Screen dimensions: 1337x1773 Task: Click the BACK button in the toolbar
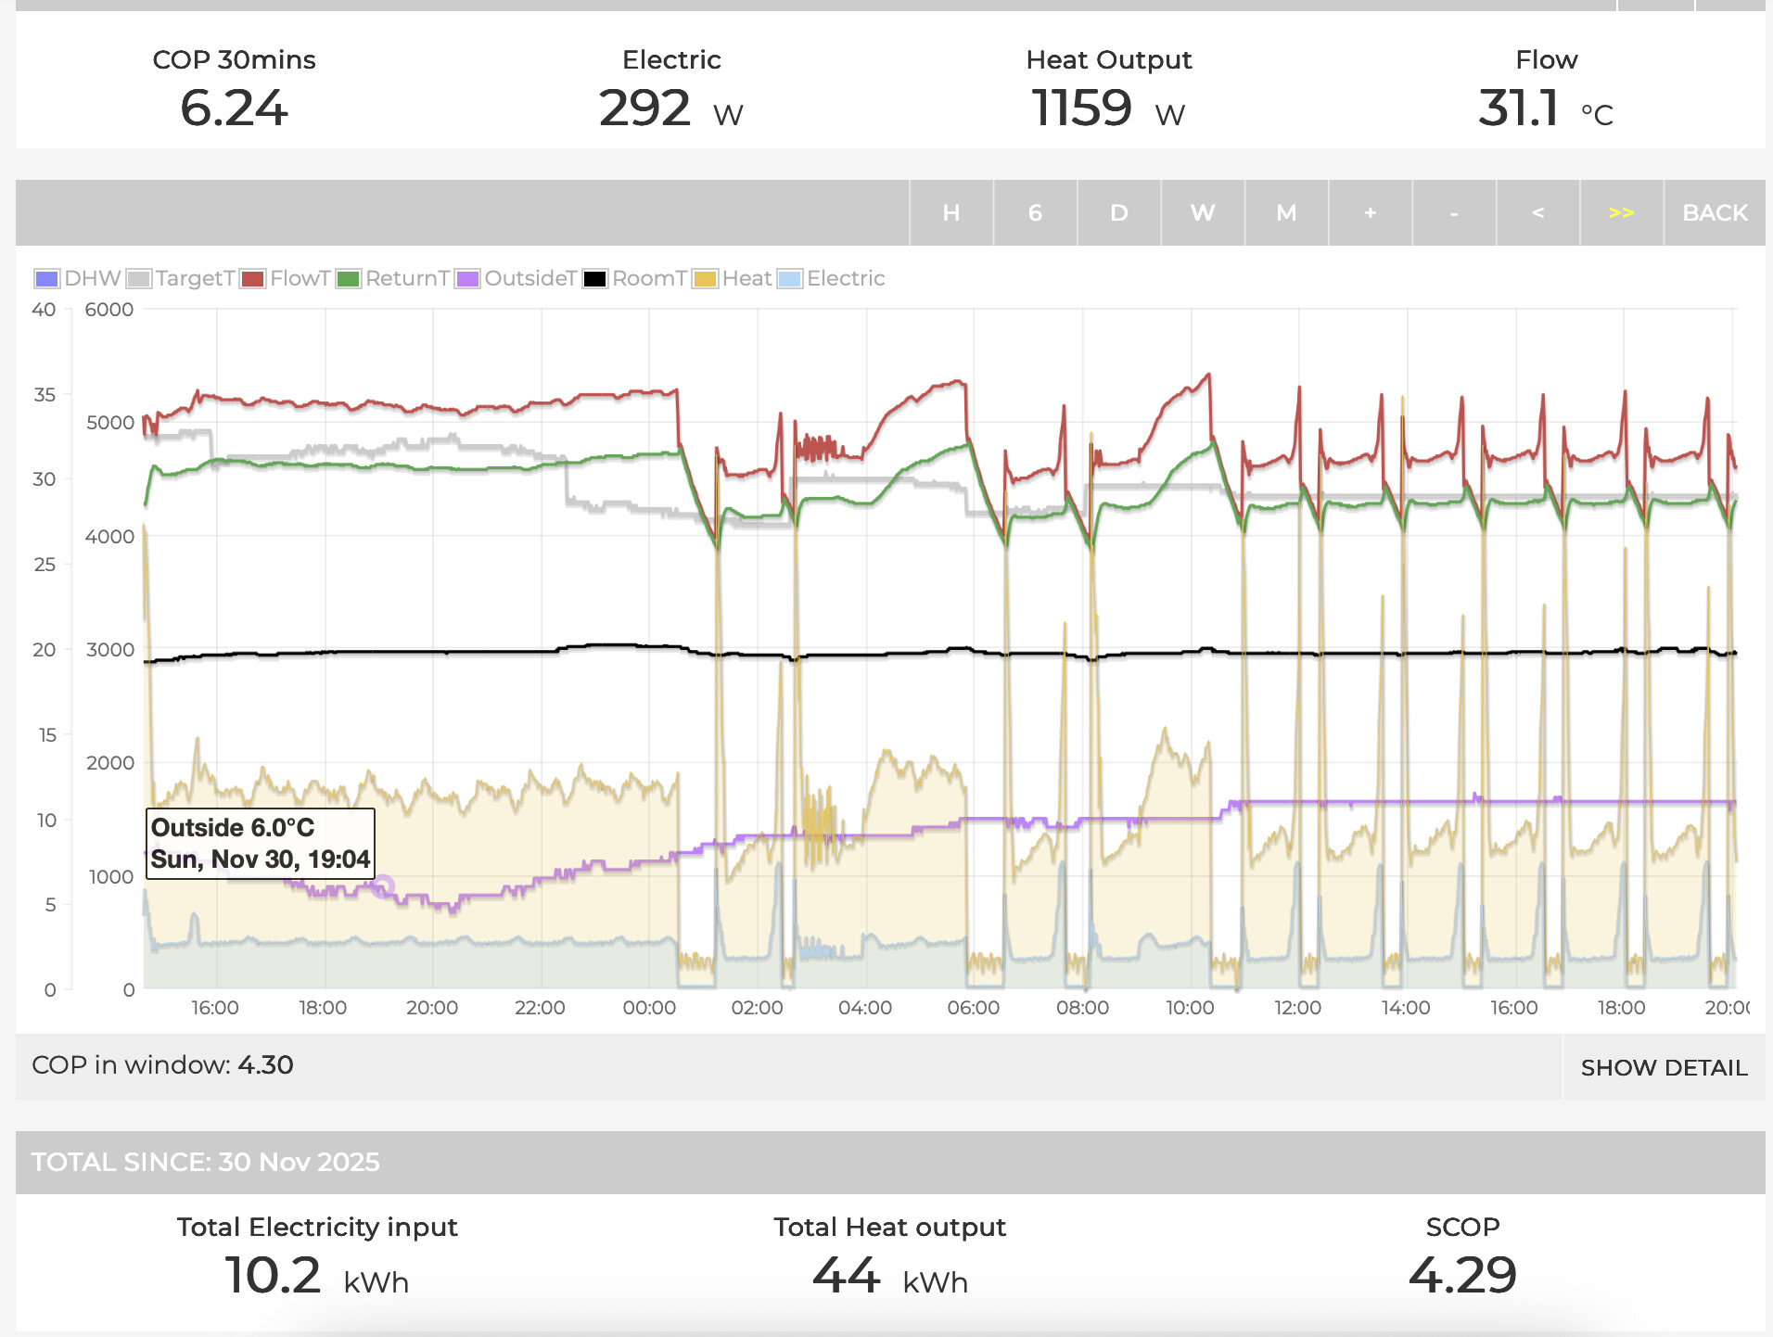click(1714, 213)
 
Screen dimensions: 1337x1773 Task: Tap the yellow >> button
click(1621, 213)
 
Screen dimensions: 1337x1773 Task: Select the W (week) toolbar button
click(1202, 213)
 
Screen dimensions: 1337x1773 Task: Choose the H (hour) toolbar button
click(950, 213)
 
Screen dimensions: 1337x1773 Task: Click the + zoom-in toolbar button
click(1370, 213)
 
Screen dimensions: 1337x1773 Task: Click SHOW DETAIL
click(1664, 1067)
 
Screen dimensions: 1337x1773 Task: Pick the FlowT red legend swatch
click(252, 279)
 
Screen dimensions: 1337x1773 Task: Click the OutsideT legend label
click(529, 279)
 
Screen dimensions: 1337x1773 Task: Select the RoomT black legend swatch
click(594, 279)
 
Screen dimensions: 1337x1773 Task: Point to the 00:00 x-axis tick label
click(649, 1008)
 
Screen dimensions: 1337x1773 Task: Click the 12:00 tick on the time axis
click(1297, 1008)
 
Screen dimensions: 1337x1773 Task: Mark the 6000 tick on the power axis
click(109, 310)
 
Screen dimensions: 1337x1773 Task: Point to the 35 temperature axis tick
click(45, 395)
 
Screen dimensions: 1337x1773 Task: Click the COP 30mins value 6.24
click(234, 108)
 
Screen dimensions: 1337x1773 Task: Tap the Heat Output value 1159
click(1081, 108)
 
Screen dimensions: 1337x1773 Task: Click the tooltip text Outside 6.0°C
click(233, 827)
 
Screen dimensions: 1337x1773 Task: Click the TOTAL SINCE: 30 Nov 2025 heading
click(206, 1162)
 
